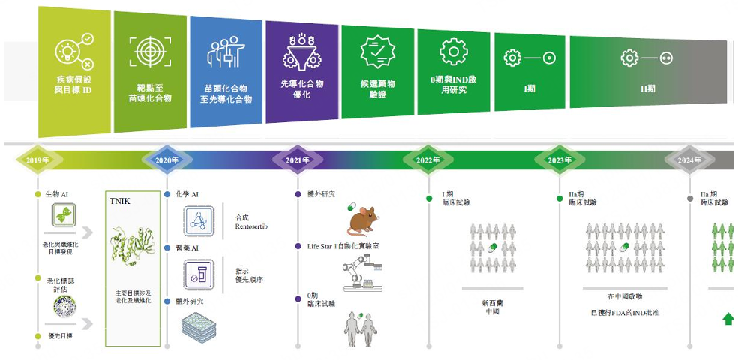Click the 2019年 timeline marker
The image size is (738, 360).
point(37,160)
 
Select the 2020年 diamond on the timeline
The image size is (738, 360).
point(166,160)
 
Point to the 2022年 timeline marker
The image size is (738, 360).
point(427,160)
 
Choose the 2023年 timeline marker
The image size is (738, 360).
point(559,160)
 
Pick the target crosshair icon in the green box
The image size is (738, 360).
point(148,52)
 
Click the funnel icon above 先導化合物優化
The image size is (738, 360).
point(301,52)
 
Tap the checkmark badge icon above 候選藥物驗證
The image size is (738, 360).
point(377,52)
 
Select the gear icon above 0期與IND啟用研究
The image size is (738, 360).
point(453,52)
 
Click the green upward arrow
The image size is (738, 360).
point(727,319)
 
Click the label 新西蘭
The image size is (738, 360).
point(492,303)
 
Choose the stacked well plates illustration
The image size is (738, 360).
point(198,327)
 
